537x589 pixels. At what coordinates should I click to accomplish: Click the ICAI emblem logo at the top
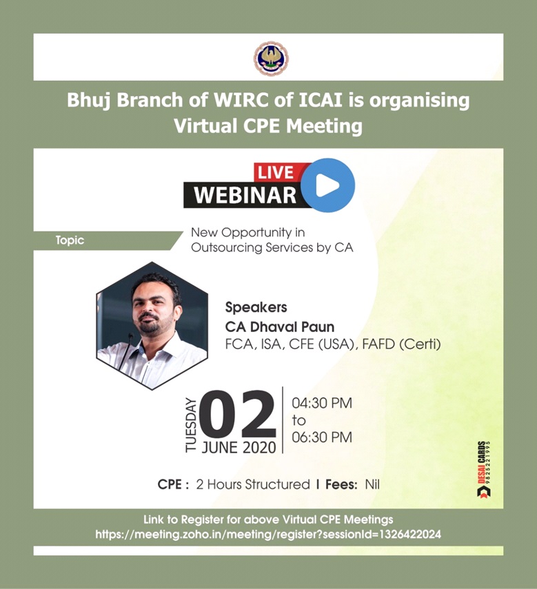coord(271,59)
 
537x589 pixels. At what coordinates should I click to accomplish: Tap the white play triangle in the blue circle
coord(327,185)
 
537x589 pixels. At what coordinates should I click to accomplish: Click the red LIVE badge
coord(276,172)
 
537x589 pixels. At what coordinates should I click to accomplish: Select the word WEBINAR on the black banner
coord(245,196)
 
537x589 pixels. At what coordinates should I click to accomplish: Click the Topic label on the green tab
coord(70,240)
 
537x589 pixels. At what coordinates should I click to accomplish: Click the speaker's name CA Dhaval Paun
coord(280,327)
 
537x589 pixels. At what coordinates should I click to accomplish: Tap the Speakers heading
coord(256,308)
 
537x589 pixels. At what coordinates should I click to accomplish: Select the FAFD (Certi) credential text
coord(401,344)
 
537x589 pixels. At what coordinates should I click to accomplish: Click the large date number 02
coord(238,414)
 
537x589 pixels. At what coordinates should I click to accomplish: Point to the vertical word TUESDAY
coord(191,425)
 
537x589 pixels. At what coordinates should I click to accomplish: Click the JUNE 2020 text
coord(239,447)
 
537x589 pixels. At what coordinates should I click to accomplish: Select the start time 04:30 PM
coord(322,403)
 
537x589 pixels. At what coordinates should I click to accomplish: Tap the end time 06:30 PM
coord(322,437)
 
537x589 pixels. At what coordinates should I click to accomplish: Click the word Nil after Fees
coord(372,484)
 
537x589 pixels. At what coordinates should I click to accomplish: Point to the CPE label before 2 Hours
coord(173,484)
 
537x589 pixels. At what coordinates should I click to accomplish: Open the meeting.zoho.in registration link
coord(268,534)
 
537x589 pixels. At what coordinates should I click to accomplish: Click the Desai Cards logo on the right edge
coord(484,470)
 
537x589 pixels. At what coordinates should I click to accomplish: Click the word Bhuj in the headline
coord(88,101)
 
